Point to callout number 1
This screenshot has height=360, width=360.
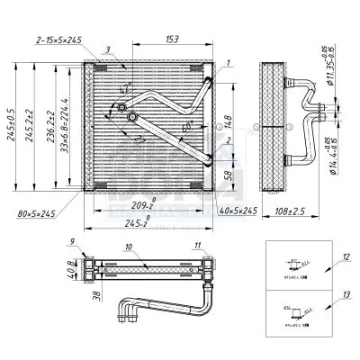[x=229, y=62]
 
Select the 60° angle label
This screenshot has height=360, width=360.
[x=186, y=128]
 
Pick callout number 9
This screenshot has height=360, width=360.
[x=70, y=239]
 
